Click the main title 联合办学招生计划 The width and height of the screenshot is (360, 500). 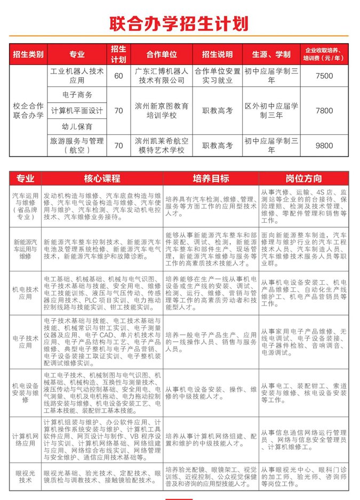[179, 23]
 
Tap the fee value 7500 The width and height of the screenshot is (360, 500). [324, 76]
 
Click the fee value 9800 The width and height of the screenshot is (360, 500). [324, 146]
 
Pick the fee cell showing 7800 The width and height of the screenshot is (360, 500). [324, 111]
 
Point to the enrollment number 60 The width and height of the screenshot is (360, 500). [118, 76]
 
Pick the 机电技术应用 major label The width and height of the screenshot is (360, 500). [26, 293]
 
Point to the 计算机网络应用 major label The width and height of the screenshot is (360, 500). [26, 439]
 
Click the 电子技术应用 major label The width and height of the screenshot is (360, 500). [26, 342]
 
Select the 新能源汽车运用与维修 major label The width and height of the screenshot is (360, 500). [26, 249]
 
